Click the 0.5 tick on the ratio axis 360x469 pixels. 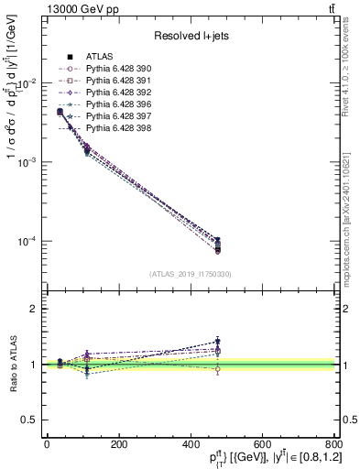click(29, 420)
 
